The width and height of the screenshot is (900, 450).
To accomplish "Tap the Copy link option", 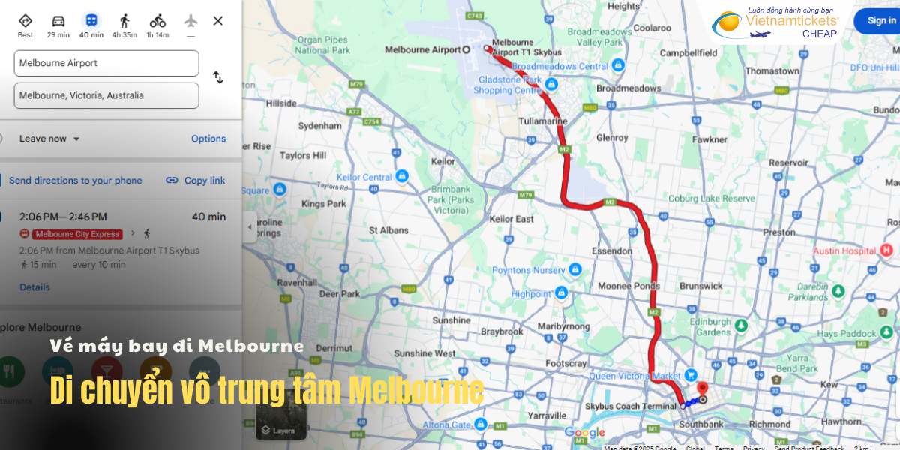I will click(196, 181).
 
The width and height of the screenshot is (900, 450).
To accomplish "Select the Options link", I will click(208, 139).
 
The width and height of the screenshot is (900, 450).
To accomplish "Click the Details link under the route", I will click(34, 287).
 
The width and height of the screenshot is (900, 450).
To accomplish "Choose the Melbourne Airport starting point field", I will click(106, 63).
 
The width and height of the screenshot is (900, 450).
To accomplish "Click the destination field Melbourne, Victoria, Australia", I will click(106, 95).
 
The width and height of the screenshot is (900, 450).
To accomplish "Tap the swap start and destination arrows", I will click(218, 77).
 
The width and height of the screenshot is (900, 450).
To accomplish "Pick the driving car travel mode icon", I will click(58, 20).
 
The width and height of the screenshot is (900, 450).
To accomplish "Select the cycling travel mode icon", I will click(157, 20).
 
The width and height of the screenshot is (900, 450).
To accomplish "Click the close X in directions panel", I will click(218, 21).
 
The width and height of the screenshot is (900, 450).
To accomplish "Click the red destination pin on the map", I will click(703, 388).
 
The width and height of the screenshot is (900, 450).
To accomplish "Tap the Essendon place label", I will click(611, 250).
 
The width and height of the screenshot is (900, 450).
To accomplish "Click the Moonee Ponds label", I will click(628, 286).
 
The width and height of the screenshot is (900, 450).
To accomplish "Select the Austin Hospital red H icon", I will click(887, 250).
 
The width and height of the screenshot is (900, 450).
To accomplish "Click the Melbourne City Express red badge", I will click(77, 234).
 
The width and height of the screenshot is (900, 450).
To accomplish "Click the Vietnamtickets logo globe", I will click(726, 25).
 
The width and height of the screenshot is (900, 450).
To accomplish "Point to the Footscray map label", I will click(566, 364).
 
